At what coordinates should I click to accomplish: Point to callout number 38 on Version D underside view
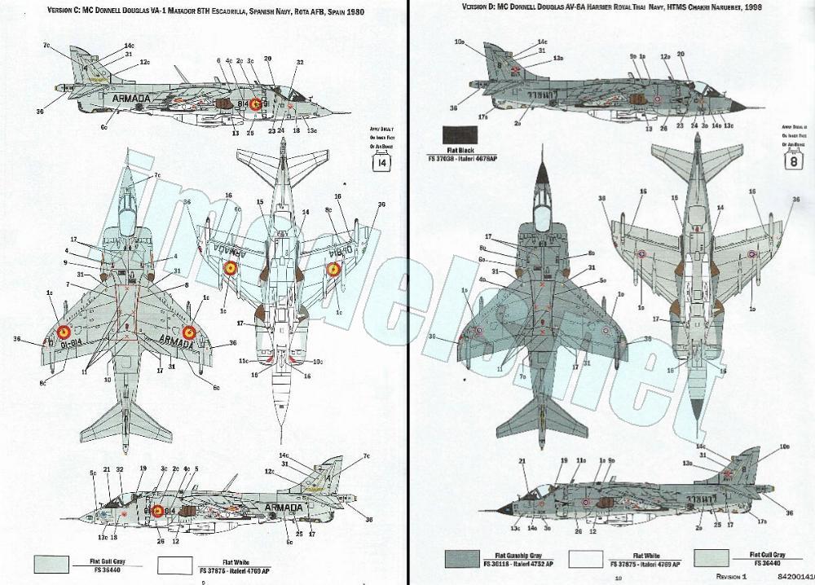[602, 198]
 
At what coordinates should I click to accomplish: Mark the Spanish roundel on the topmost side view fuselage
[255, 103]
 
